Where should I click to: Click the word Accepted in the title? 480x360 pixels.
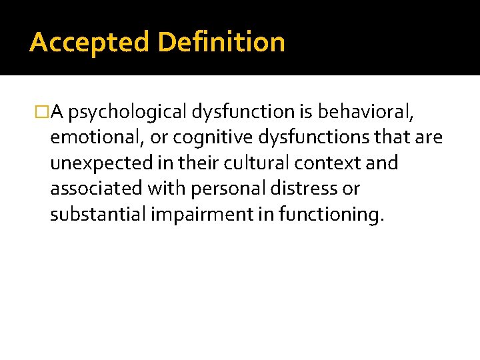[x=90, y=43]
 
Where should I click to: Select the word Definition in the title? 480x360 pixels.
[x=221, y=43]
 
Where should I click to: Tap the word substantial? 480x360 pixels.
[x=93, y=214]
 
